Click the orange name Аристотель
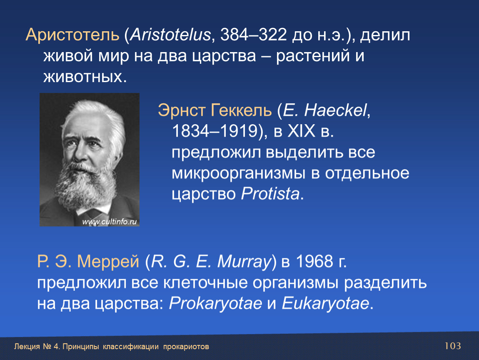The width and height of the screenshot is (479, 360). coord(72,35)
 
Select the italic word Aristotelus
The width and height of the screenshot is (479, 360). coord(170,35)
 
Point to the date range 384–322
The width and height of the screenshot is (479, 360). coord(254,35)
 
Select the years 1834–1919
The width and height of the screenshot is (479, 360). coord(215,131)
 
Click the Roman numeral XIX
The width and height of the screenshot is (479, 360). coord(301,131)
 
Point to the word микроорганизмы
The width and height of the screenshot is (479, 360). coord(239,174)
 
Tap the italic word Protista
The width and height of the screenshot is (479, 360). coord(270,194)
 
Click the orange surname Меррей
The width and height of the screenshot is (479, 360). coord(108,262)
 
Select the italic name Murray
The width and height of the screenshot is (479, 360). coord(244,262)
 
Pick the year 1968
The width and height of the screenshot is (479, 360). coord(314,262)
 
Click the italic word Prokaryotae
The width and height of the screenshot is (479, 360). coord(215,303)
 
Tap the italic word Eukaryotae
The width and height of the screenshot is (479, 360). coord(325,303)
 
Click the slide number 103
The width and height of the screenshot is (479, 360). coord(453,346)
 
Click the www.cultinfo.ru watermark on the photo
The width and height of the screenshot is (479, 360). coord(110,222)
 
